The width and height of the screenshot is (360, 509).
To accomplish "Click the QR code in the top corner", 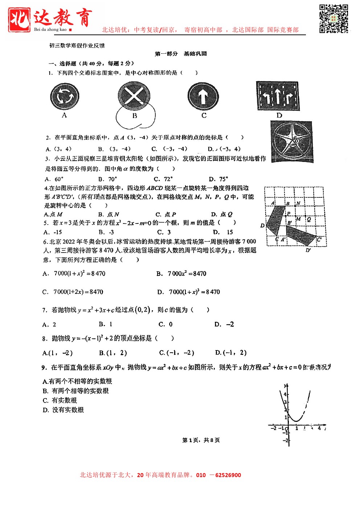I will pyautogui.click(x=334, y=19).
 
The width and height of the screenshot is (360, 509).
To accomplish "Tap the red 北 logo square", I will pyautogui.click(x=19, y=19).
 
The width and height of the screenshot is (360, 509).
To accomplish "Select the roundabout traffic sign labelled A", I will pyautogui.click(x=64, y=97).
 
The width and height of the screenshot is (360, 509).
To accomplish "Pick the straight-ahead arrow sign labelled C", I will pyautogui.click(x=203, y=96).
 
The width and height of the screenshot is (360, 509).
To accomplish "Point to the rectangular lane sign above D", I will pyautogui.click(x=278, y=96).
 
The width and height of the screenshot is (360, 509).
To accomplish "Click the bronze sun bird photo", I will pyautogui.click(x=291, y=141).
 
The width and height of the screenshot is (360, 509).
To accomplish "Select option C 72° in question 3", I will pyautogui.click(x=163, y=179).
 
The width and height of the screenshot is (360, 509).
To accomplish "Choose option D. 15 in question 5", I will pyautogui.click(x=223, y=232).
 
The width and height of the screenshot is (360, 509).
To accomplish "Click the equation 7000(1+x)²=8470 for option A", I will pyautogui.click(x=79, y=274).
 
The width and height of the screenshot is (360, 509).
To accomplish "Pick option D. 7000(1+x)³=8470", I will pyautogui.click(x=194, y=292).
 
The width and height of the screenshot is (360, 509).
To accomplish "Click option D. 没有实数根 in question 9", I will pyautogui.click(x=63, y=410).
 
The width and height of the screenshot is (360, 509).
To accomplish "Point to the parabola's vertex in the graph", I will pyautogui.click(x=296, y=421).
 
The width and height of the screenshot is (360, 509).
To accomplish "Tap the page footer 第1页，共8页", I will pyautogui.click(x=201, y=440).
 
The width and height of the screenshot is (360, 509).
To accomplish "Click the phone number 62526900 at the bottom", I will pyautogui.click(x=228, y=475).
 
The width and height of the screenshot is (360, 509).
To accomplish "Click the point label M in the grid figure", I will pyautogui.click(x=298, y=219).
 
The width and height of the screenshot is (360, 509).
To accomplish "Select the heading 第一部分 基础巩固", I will pyautogui.click(x=181, y=54).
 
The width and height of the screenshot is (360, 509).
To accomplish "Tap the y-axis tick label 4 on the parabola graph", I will pyautogui.click(x=285, y=394).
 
